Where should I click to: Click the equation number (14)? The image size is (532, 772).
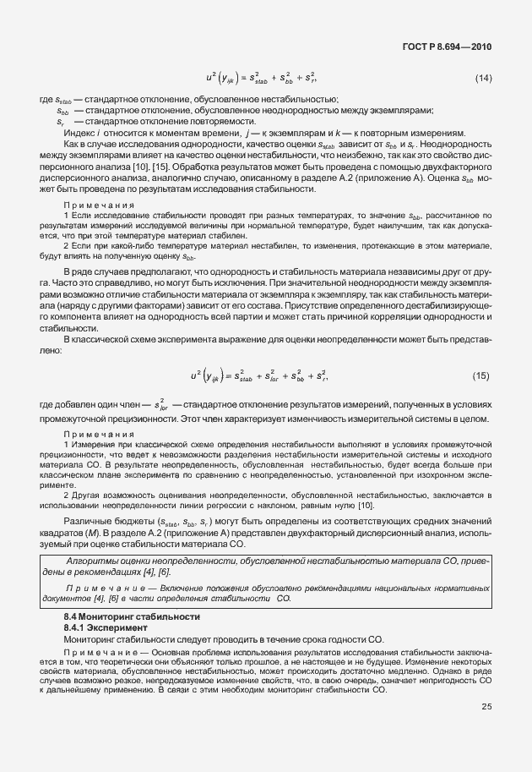[x=483, y=79]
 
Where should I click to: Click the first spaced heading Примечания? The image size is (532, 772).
[x=96, y=205]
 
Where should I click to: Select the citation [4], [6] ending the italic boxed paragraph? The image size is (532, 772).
[x=160, y=572]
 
